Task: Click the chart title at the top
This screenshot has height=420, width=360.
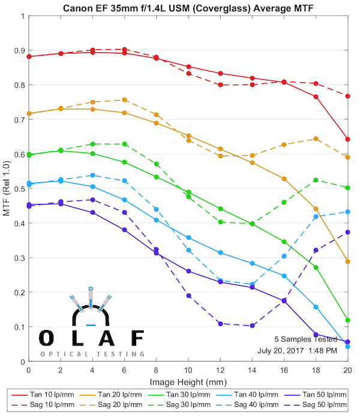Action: coord(188,7)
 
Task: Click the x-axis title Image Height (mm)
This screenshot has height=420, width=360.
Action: coord(188,382)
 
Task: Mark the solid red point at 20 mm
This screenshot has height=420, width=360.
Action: coord(347,139)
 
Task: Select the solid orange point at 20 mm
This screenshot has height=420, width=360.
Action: coord(347,262)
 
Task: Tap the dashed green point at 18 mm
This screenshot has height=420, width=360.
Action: coord(316,180)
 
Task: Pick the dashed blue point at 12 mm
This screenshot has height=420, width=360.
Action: coord(220,280)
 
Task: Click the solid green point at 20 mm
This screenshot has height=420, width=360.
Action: coord(347,320)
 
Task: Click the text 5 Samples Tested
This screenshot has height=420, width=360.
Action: coord(306,338)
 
